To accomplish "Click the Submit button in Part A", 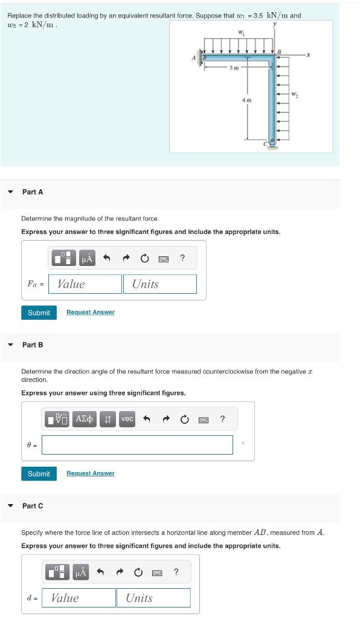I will pyautogui.click(x=39, y=313).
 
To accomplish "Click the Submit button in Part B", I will pyautogui.click(x=39, y=473).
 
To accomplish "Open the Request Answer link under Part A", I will pyautogui.click(x=90, y=313).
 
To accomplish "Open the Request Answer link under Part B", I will pyautogui.click(x=90, y=473).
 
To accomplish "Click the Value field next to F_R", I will pyautogui.click(x=85, y=284).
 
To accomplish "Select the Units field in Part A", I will pyautogui.click(x=160, y=284).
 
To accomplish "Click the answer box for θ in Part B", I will pyautogui.click(x=137, y=445).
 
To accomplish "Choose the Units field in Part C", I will pyautogui.click(x=153, y=598).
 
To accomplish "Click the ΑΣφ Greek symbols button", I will pyautogui.click(x=84, y=419).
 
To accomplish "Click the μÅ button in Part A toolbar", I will pyautogui.click(x=87, y=259).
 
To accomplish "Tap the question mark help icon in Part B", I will pyautogui.click(x=222, y=419).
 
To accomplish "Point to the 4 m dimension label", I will pyautogui.click(x=246, y=100).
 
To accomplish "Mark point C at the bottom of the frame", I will pyautogui.click(x=266, y=143).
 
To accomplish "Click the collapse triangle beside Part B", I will pyautogui.click(x=10, y=345).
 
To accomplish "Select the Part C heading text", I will pyautogui.click(x=33, y=506).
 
